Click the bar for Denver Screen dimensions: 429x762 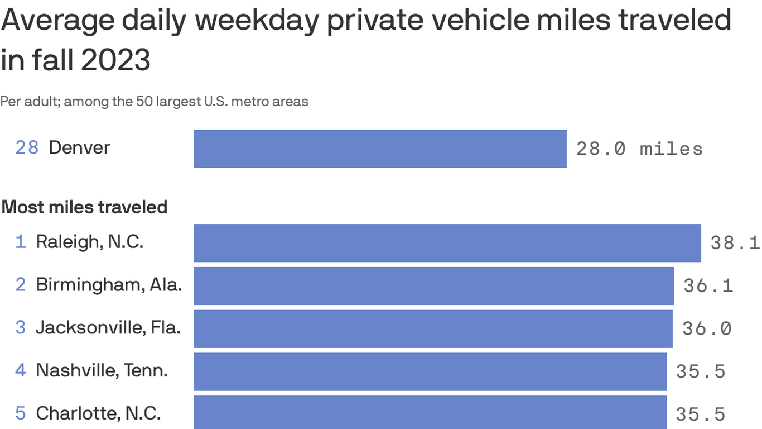click(380, 149)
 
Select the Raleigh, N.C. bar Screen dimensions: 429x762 click(447, 242)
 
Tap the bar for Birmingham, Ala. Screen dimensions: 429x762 click(433, 285)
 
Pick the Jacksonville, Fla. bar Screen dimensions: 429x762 click(433, 328)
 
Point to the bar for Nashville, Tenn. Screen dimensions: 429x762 click(430, 371)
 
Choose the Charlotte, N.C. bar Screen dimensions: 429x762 click(430, 413)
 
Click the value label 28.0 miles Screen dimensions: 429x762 click(639, 149)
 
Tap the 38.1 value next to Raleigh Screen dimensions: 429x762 click(735, 243)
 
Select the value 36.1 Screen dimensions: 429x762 click(708, 286)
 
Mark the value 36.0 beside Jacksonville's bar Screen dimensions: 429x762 click(707, 328)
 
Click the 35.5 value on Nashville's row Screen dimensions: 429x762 click(701, 371)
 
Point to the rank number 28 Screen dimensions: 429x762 click(27, 147)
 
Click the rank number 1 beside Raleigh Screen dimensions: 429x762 click(21, 242)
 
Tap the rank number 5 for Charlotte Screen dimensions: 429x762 click(21, 413)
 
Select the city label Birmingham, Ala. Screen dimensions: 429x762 click(109, 285)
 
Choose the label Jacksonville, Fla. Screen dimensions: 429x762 click(108, 327)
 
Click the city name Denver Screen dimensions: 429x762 click(79, 147)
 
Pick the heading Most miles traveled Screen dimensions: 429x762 click(84, 207)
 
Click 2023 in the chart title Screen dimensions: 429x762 click(115, 60)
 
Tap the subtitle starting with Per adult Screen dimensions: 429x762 click(154, 102)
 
